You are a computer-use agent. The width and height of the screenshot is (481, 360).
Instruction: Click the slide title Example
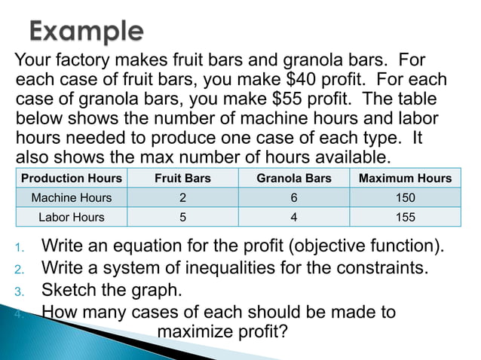(87, 31)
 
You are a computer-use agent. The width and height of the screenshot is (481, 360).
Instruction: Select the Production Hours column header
(72, 178)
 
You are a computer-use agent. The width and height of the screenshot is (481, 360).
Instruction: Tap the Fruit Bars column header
(182, 178)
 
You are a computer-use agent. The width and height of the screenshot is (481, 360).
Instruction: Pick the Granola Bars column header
(293, 178)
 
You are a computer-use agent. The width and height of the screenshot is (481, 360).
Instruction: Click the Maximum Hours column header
(405, 178)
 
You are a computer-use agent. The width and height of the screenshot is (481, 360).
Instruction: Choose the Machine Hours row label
(72, 198)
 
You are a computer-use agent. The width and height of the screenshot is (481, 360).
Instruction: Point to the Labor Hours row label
(72, 217)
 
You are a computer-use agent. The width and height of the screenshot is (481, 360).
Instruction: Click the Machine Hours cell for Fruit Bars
(182, 198)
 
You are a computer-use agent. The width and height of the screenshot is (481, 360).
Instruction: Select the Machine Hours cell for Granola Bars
(293, 198)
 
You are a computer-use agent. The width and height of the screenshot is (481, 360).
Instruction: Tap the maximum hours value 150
(405, 198)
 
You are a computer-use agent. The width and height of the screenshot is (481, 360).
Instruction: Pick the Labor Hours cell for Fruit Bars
(182, 217)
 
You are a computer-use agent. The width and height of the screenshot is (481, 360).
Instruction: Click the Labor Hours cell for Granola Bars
(293, 217)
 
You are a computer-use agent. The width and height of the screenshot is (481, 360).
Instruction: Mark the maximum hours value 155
(405, 217)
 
